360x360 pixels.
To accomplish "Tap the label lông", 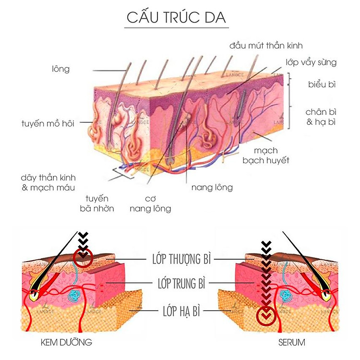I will pyautogui.click(x=61, y=69).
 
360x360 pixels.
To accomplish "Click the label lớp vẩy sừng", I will pyautogui.click(x=312, y=62).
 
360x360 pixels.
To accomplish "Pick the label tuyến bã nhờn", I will pyautogui.click(x=97, y=204).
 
